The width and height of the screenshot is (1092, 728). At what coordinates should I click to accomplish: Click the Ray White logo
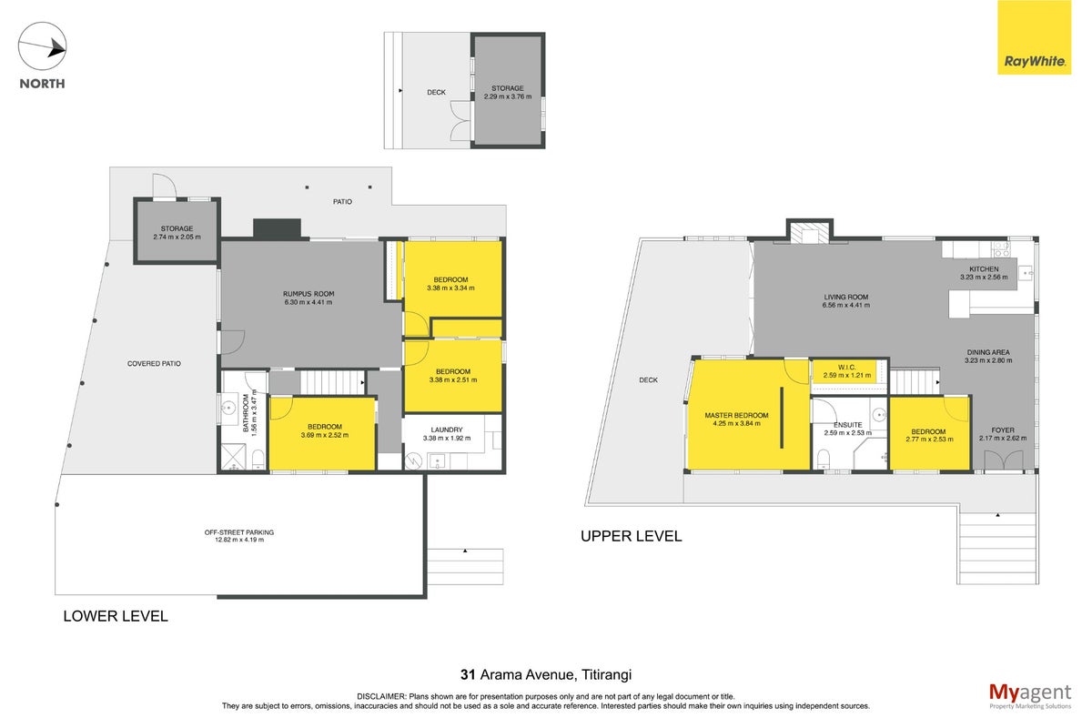tap(1034, 37)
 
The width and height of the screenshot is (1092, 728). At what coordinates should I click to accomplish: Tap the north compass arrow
tap(42, 46)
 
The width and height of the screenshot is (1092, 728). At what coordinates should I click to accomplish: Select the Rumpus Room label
tap(308, 294)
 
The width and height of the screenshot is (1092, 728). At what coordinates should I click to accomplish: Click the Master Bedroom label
tap(736, 416)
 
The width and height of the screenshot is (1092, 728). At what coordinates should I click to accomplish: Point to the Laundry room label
tap(447, 430)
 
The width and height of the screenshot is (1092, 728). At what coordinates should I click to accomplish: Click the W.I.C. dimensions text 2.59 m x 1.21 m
tap(847, 375)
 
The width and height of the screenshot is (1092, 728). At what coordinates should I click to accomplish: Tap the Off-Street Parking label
tap(238, 532)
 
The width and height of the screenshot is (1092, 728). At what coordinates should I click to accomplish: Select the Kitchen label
tap(984, 269)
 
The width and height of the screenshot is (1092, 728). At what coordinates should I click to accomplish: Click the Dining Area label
tap(988, 352)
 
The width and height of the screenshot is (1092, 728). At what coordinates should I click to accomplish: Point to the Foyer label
tap(1003, 430)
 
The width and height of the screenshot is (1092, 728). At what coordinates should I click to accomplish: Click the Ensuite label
tap(848, 425)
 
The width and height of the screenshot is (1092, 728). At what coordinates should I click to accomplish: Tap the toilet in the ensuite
tap(824, 459)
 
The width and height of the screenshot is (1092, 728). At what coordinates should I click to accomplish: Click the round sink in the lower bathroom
tap(228, 407)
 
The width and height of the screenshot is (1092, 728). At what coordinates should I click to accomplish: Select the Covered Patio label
tap(154, 364)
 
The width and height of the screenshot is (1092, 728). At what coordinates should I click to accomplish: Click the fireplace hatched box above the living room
tap(810, 233)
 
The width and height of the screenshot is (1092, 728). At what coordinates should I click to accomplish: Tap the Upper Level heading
tap(631, 536)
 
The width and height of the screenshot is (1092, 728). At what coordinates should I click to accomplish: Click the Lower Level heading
tap(116, 616)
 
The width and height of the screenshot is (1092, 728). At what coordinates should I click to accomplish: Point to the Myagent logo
tap(1030, 696)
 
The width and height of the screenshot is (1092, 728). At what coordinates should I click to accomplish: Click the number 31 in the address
tap(468, 675)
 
